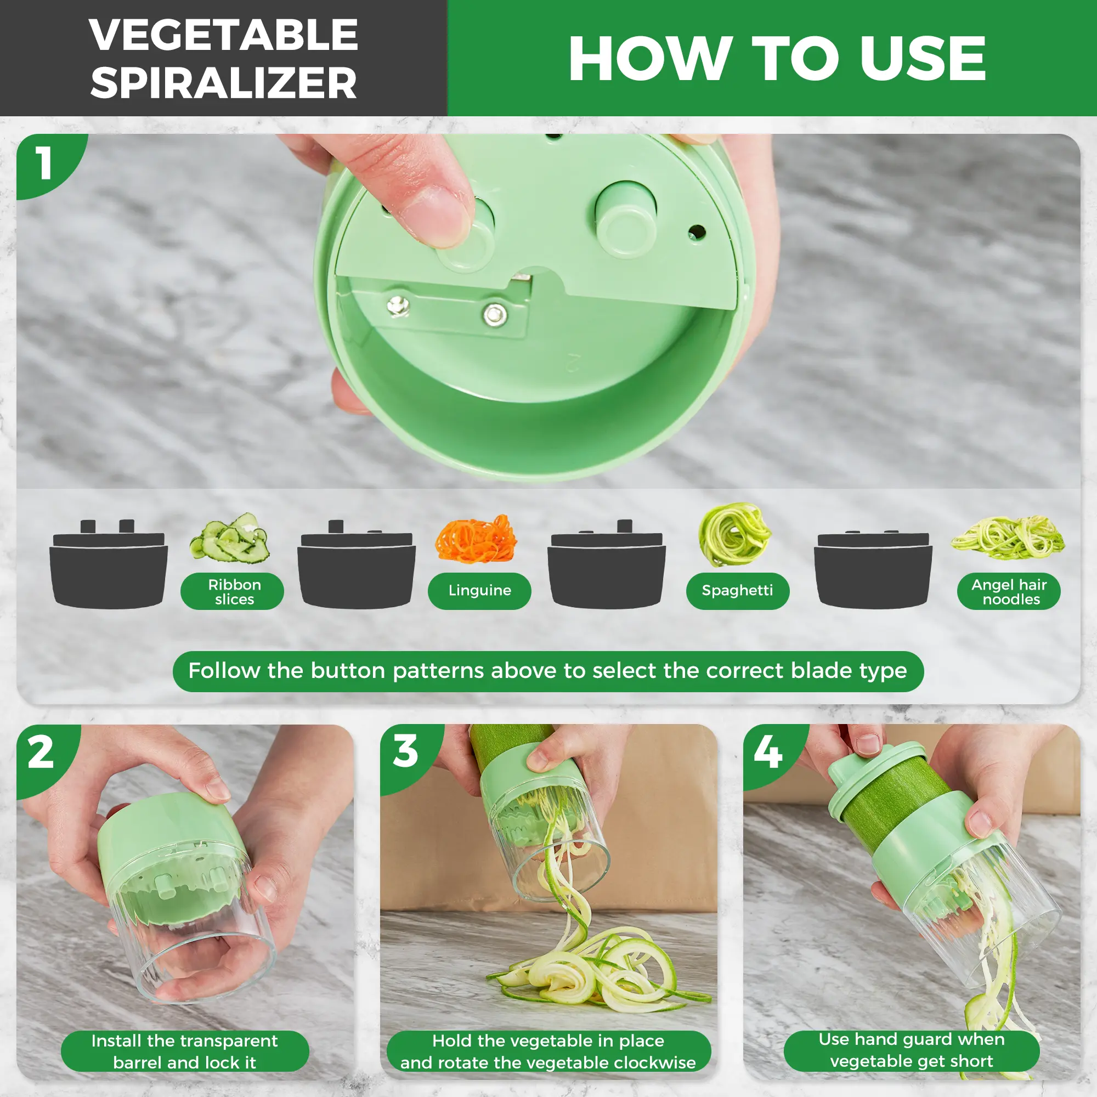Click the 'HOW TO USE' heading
[x=777, y=59]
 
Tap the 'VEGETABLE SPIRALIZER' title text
[x=224, y=59]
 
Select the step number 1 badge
[x=44, y=164]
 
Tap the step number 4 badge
[x=768, y=752]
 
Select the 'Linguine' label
[x=480, y=591]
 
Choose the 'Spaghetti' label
[x=738, y=591]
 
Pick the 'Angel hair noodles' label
[x=1009, y=592]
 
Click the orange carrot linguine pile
[x=476, y=539]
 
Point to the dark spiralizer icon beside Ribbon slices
[x=109, y=564]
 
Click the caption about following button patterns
[x=548, y=671]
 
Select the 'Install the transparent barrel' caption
[x=185, y=1051]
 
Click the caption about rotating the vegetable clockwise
[x=548, y=1051]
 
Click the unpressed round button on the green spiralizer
[x=626, y=220]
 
